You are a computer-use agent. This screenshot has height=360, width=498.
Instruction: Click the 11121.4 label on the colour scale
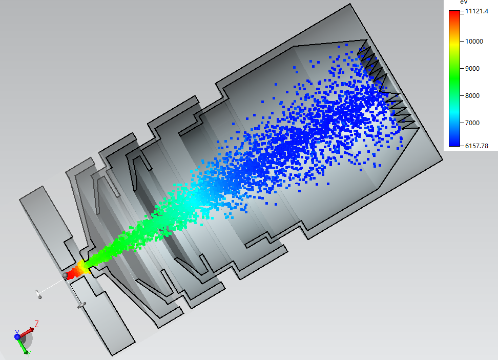[476, 11]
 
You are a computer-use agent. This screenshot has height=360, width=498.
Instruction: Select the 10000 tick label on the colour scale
[474, 42]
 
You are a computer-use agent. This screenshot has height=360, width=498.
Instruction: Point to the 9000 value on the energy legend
[472, 69]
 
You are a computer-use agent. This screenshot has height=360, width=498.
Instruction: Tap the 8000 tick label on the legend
[472, 96]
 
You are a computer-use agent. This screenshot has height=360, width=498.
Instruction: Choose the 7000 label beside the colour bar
[472, 123]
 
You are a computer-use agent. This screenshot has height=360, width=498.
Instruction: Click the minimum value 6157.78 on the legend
[476, 146]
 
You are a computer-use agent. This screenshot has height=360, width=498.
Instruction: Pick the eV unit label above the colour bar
[464, 2]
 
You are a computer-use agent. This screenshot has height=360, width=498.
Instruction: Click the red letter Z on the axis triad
[36, 324]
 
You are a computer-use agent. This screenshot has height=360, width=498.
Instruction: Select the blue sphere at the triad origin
[17, 336]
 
